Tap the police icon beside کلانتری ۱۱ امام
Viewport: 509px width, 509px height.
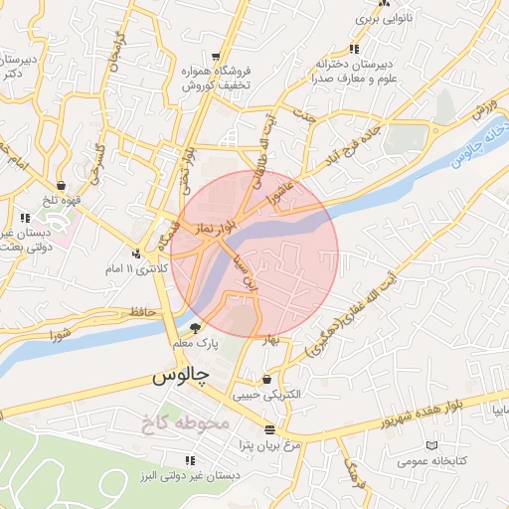coord(136,253)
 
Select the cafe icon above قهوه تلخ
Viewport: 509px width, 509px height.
coord(62,184)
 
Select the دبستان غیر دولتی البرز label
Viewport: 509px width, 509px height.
coord(190,476)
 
